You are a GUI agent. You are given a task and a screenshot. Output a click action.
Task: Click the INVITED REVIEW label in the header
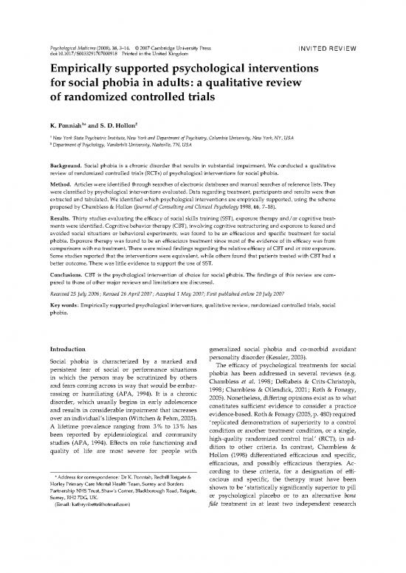click(x=330, y=31)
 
